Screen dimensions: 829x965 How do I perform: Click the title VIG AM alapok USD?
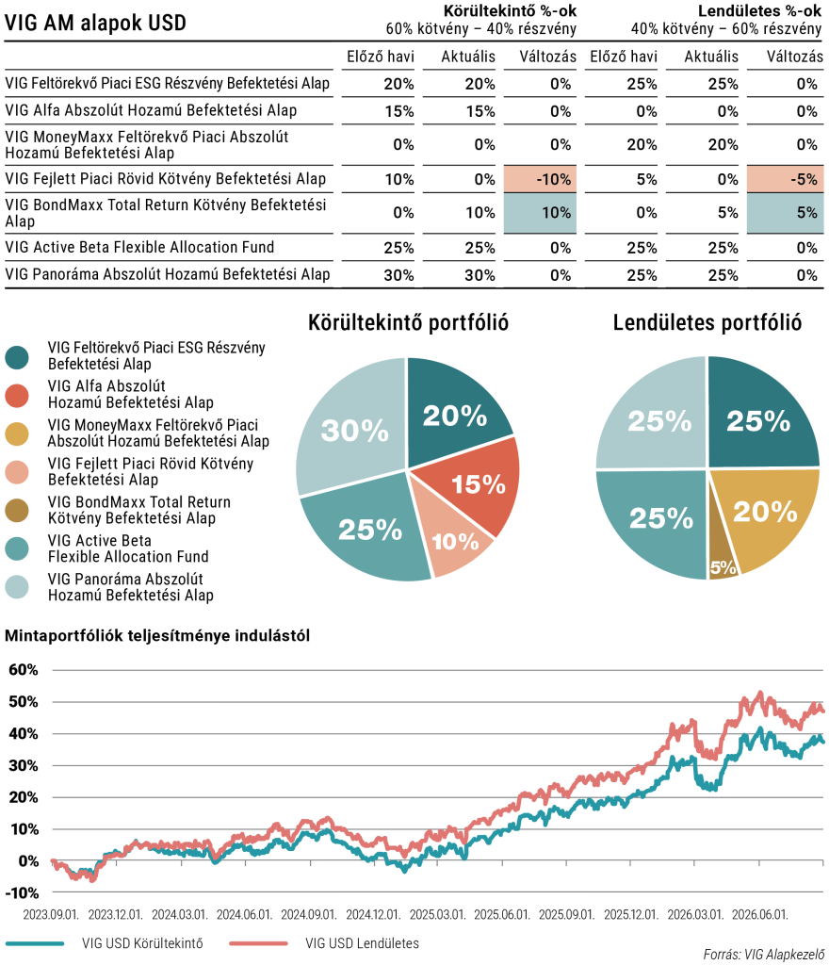coord(95,24)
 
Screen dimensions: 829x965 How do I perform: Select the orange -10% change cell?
coord(540,179)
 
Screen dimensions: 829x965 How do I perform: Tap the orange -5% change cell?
coord(786,179)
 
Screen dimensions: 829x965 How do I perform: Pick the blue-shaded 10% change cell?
coord(540,213)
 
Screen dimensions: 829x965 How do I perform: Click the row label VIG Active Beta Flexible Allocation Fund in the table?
coord(139,248)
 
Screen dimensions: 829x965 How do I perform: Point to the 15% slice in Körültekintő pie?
coord(474,483)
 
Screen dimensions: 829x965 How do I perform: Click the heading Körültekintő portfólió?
coord(408,322)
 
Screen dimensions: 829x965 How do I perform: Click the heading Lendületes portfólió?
coord(707,322)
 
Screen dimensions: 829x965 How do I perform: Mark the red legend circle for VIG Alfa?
coord(17,396)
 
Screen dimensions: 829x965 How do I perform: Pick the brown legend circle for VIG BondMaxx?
coord(17,511)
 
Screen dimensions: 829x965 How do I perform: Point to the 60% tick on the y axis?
coord(23,670)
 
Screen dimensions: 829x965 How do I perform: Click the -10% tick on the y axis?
coord(22,893)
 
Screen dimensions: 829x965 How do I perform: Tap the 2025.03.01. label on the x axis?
coord(438,914)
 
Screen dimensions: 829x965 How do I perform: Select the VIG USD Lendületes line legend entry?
coord(324,943)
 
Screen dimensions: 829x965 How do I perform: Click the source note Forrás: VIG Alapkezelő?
coord(764,955)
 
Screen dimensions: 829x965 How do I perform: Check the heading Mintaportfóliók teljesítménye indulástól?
coord(157,636)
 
